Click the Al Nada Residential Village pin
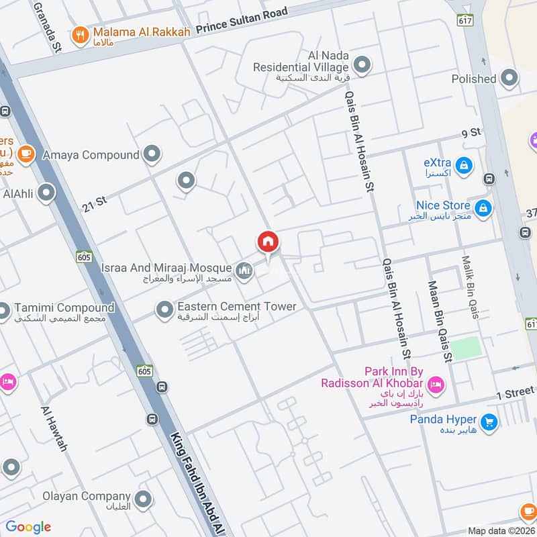coord(362,65)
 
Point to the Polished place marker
coord(510,78)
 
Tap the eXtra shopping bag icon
coord(463,164)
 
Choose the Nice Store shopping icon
coord(483,207)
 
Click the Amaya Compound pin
coord(152,154)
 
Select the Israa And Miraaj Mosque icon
coord(245,271)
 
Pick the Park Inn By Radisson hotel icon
coord(436,384)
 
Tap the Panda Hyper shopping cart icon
coord(489,422)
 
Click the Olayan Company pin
coord(142,499)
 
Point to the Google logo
coord(28,527)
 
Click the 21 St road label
coord(95,201)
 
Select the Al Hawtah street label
coord(54,428)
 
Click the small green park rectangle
coord(466,348)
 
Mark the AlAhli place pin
coord(46,193)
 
